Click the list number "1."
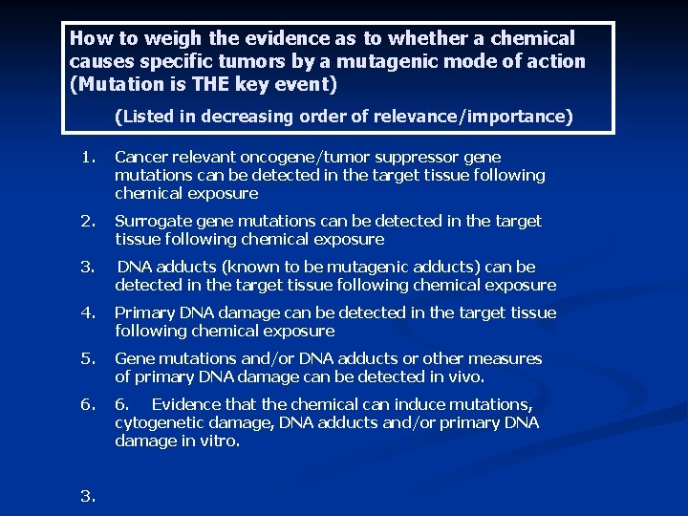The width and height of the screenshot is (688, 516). (88, 157)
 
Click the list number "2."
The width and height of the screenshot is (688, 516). (88, 222)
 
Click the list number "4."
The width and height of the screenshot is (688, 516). (88, 312)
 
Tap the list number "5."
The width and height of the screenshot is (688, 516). (88, 358)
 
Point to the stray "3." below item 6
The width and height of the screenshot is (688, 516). (88, 495)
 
